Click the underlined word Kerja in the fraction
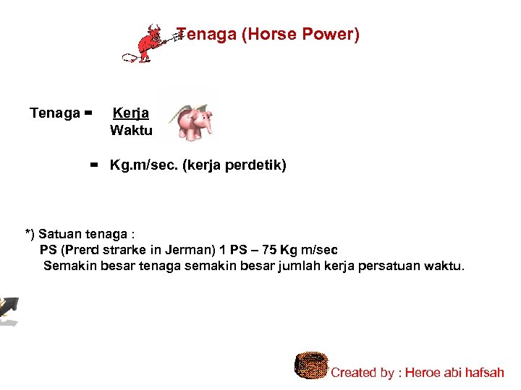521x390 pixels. [131, 113]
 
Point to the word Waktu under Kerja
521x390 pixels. [131, 131]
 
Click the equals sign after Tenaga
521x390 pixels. [88, 113]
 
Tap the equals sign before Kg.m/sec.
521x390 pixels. [94, 166]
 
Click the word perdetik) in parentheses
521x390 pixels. [258, 166]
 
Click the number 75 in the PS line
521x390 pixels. [269, 250]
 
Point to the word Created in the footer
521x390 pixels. [353, 373]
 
